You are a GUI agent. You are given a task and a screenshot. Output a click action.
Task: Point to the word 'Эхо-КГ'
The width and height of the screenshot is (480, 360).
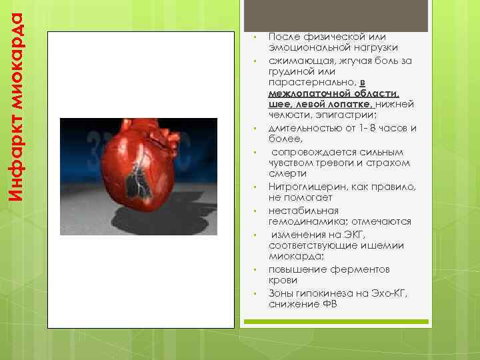[x=389, y=293]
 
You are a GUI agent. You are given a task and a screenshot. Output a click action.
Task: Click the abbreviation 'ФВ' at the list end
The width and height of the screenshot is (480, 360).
[x=329, y=305]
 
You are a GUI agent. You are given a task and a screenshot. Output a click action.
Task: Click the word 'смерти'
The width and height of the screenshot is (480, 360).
[x=285, y=173]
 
